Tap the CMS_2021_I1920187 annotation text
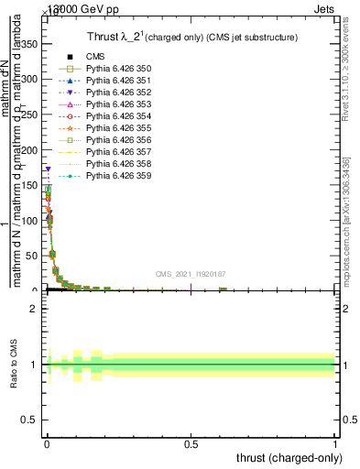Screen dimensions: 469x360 [x=191, y=274]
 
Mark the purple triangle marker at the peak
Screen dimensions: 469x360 [x=47, y=169]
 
